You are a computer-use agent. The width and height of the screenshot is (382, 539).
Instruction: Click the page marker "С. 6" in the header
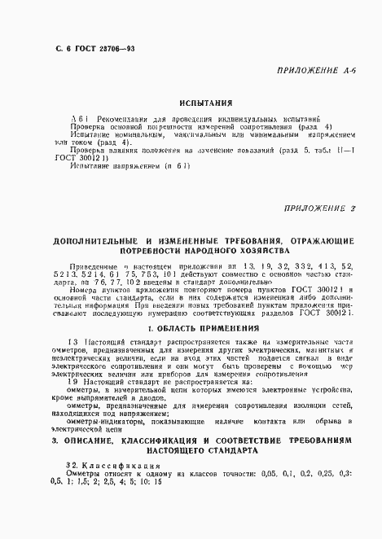coord(55,50)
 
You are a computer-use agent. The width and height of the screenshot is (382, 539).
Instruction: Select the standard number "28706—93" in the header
coord(114,50)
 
